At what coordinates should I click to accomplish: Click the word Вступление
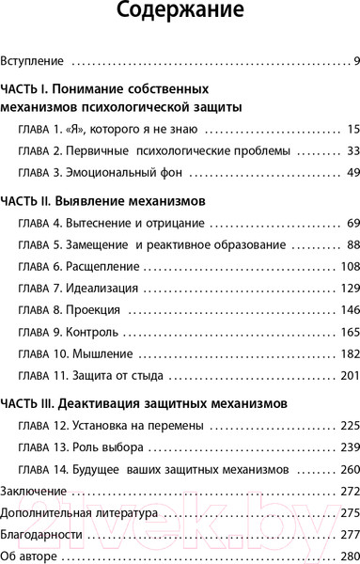pos(33,62)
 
